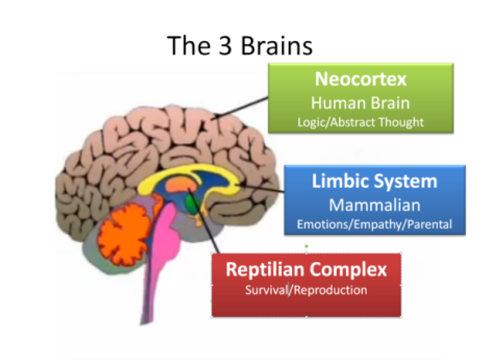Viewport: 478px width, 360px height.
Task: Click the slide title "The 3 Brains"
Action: click(x=239, y=45)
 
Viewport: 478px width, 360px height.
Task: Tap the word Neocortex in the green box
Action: click(x=361, y=80)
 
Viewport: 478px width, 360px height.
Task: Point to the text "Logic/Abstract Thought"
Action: click(x=361, y=120)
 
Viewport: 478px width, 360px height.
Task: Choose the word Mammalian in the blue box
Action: click(x=373, y=204)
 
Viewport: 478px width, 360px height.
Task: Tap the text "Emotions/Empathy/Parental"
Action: click(x=373, y=223)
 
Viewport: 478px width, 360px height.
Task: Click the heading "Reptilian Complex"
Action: click(x=306, y=269)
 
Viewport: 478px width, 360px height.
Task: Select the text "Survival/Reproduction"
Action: click(x=306, y=289)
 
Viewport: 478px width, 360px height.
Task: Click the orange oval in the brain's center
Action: click(x=179, y=182)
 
